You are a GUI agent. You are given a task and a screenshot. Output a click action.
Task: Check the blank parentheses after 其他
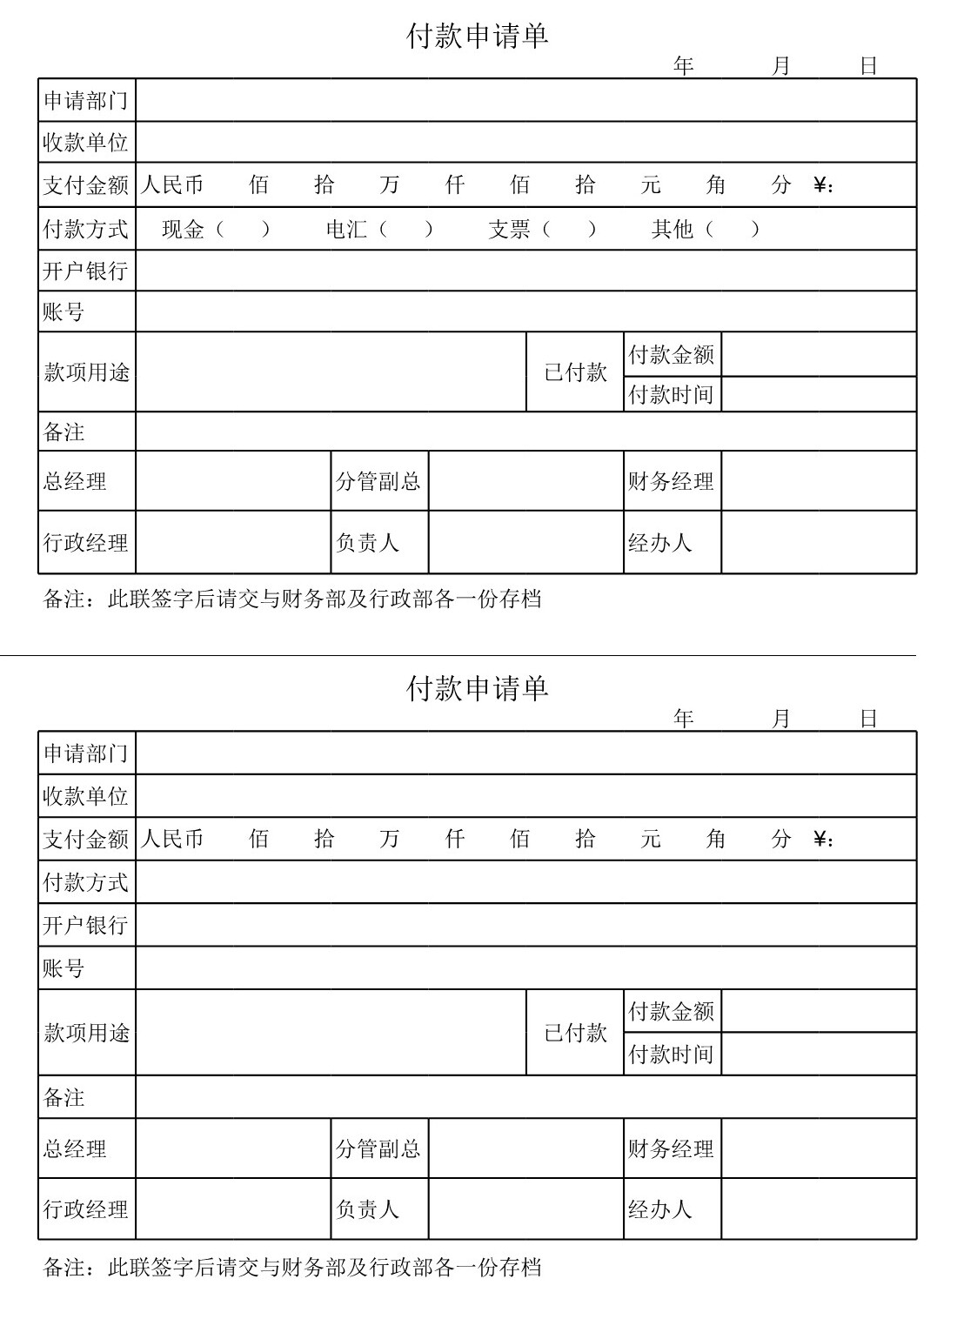(x=732, y=229)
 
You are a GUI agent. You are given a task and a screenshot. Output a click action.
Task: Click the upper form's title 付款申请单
(x=477, y=37)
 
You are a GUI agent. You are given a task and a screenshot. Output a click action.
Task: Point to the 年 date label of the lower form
(x=683, y=719)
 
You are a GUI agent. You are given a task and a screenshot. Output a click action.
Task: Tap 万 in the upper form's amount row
(x=389, y=184)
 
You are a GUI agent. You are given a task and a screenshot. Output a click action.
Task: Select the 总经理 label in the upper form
(x=76, y=481)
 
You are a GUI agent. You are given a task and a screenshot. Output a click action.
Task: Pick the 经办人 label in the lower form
(x=660, y=1209)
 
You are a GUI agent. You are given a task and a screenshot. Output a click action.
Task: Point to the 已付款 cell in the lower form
(x=575, y=1033)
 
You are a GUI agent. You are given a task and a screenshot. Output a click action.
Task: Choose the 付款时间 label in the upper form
(x=671, y=394)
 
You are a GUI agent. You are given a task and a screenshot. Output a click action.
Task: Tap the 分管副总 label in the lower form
(x=378, y=1148)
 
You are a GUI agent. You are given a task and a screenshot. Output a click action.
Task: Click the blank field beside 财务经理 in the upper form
(x=819, y=481)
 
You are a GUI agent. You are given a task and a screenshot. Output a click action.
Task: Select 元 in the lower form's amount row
(x=651, y=839)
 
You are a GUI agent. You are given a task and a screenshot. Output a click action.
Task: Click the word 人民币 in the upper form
(x=172, y=184)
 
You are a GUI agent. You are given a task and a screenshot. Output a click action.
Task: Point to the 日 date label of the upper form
(x=868, y=66)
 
